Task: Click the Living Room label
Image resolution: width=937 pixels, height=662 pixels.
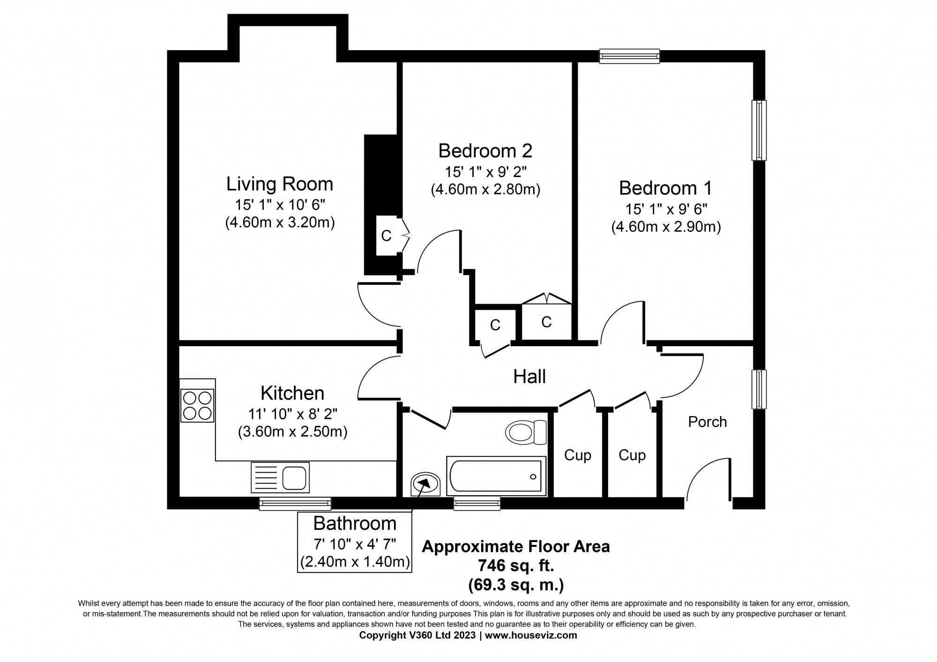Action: click(280, 184)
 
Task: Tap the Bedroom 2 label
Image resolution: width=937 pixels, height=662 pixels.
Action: click(485, 151)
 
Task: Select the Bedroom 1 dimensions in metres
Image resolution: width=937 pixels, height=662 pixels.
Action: click(666, 227)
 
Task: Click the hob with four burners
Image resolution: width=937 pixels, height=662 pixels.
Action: click(197, 406)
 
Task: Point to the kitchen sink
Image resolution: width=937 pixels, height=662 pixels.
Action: click(280, 477)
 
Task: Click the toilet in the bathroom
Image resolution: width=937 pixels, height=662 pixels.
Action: click(527, 432)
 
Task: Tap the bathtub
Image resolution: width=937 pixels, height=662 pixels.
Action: click(496, 476)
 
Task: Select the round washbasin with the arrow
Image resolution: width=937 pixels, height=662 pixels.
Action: click(425, 483)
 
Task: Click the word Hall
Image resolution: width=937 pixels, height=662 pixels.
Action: click(529, 377)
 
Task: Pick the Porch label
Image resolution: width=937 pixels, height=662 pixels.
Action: click(707, 422)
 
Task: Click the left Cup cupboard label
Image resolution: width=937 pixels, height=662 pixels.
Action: click(577, 455)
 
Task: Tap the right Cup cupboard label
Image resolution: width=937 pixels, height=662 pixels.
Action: click(632, 455)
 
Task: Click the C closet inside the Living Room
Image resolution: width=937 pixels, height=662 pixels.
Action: click(387, 236)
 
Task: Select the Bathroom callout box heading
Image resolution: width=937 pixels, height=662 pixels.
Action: click(355, 523)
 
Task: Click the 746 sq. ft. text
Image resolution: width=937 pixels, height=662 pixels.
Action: click(516, 566)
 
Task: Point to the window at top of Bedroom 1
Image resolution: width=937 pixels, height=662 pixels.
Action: click(630, 57)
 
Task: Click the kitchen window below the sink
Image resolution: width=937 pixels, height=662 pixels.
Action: click(295, 504)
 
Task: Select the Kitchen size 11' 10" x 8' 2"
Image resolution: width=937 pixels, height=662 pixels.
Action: click(292, 414)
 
